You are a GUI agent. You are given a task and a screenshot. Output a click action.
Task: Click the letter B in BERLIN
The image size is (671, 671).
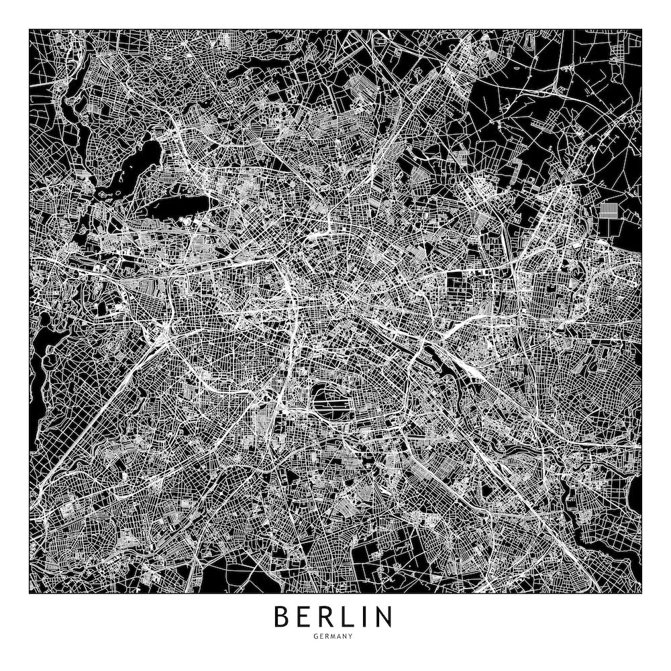(282, 617)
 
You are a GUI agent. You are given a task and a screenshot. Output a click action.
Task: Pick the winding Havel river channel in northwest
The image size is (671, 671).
(67, 101)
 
